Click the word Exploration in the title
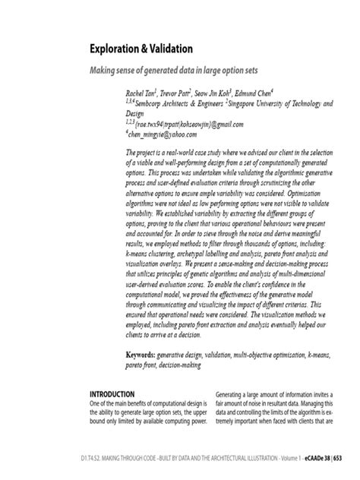pos(118,49)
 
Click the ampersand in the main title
pos(147,49)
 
